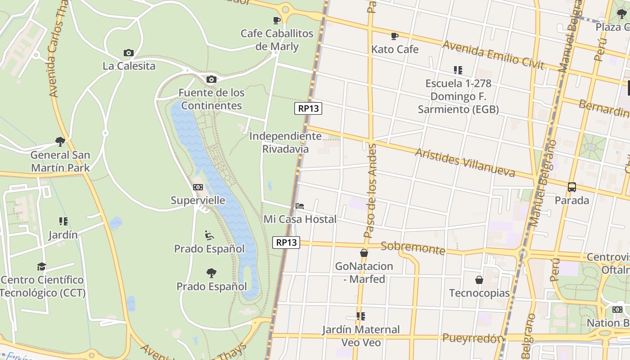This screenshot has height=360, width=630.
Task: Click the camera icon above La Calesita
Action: tap(129, 53)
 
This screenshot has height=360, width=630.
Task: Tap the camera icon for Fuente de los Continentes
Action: tap(211, 80)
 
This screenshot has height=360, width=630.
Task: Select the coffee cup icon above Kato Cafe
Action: tap(395, 36)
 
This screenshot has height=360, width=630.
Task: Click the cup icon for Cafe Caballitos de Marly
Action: tap(277, 20)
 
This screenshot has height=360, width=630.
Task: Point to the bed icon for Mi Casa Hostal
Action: tap(300, 206)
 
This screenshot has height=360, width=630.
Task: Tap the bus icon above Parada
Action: tap(571, 187)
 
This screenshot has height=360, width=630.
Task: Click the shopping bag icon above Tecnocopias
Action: tap(479, 280)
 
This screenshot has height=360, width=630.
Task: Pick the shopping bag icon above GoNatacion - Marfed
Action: tap(364, 253)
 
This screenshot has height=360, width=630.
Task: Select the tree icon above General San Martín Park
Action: tap(60, 142)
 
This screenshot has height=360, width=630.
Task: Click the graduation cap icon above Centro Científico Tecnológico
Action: tap(41, 266)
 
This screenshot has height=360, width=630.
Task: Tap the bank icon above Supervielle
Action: tap(198, 187)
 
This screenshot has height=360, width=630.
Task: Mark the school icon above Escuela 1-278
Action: tap(458, 70)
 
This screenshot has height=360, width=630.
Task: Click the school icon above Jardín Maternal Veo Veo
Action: tap(360, 316)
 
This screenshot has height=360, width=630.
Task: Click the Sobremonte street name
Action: tap(413, 247)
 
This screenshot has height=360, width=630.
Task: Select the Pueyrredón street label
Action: tap(472, 338)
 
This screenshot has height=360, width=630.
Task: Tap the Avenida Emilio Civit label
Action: tap(493, 55)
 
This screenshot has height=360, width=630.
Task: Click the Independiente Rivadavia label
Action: tap(285, 142)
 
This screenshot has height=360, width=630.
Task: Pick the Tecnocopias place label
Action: tap(479, 293)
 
